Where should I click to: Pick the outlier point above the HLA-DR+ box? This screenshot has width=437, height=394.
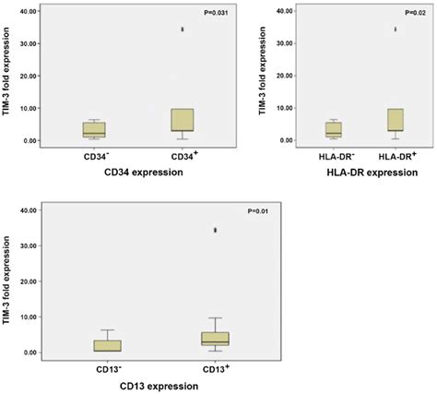tap(396, 30)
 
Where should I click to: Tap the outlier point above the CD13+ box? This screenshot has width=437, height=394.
tap(216, 230)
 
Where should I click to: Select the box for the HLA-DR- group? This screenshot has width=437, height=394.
tap(334, 129)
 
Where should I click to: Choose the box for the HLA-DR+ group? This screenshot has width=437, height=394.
tap(396, 120)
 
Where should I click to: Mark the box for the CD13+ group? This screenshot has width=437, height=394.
tap(216, 339)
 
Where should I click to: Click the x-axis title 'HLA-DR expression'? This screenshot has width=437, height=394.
tap(365, 173)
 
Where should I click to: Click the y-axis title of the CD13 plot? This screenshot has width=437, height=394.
tap(8, 281)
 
